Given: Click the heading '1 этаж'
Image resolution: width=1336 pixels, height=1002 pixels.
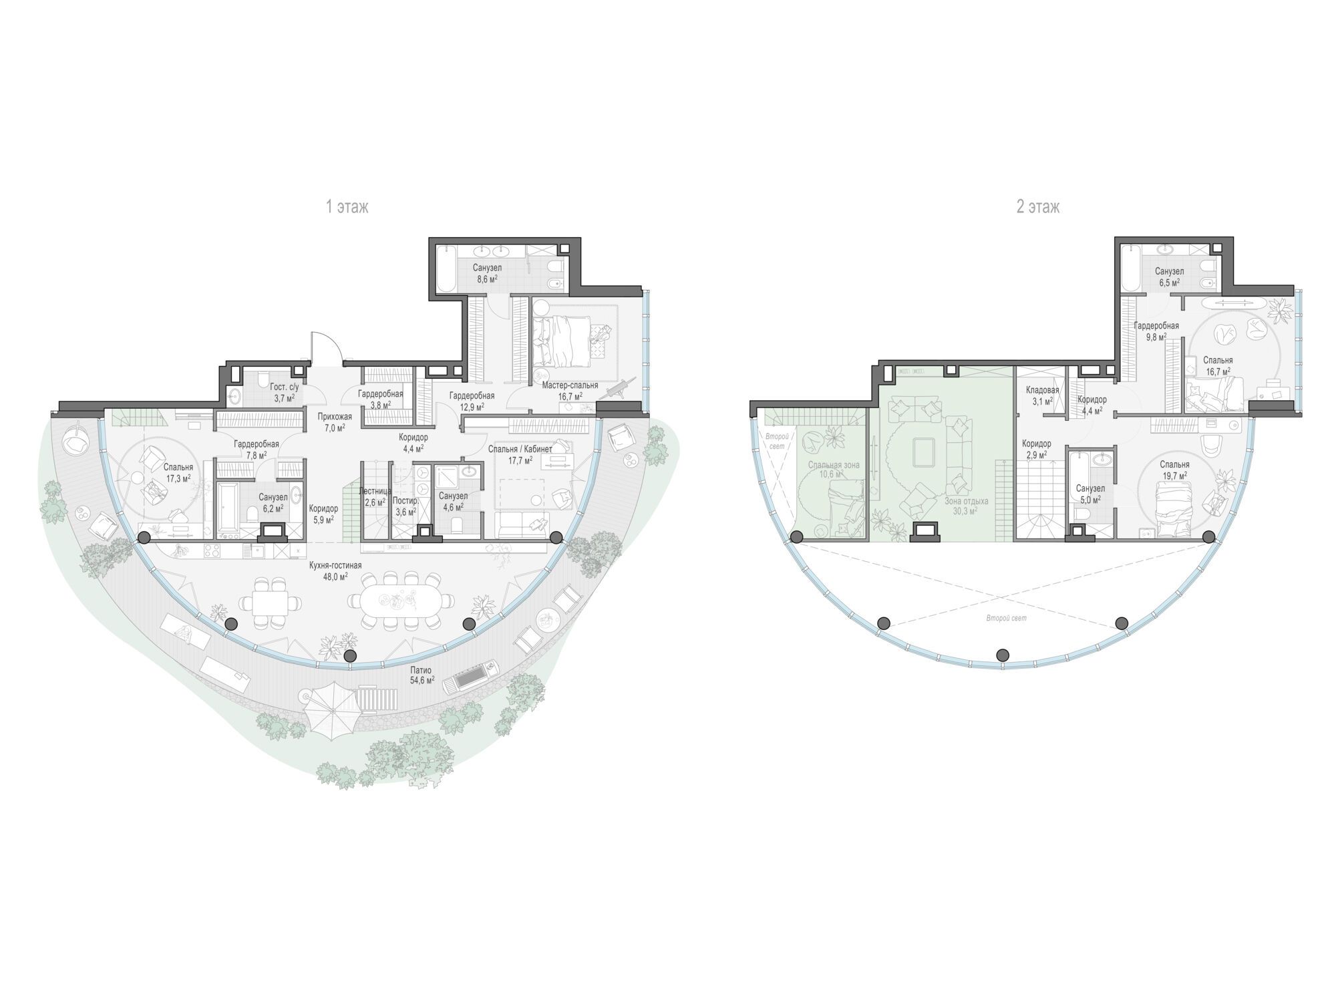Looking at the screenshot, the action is pos(347,207).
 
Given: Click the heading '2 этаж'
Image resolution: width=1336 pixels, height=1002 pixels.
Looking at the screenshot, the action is pos(1037,207).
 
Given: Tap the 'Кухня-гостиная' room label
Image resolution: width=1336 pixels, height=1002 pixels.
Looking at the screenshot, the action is pos(335,565).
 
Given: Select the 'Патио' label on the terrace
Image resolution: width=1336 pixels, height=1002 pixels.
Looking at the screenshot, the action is pos(421,670).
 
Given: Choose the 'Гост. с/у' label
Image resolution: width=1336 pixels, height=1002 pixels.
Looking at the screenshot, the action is pos(270,387).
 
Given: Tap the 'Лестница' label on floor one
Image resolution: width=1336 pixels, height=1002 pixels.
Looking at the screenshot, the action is pos(375,491).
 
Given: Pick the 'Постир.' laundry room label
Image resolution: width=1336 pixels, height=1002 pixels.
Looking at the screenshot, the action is pos(405,500).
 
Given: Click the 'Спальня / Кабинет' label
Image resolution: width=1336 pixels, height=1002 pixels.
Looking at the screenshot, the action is pos(520,449).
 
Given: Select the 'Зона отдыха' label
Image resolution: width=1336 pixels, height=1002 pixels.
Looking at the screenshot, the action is pos(966,500).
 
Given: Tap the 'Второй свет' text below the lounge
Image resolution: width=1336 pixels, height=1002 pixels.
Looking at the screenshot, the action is pos(1006,619).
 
